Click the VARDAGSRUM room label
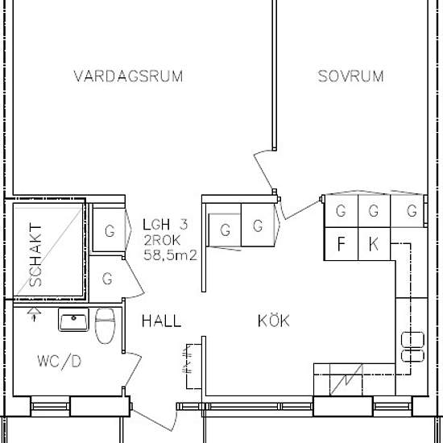coord(128,77)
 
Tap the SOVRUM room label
coord(350,77)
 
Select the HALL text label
coord(161,321)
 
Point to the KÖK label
coord(274,321)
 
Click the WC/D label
coord(60,362)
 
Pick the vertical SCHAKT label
coord(36,255)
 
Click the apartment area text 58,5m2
coord(170,255)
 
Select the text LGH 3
coord(165,225)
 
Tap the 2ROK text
coord(162,241)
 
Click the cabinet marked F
coord(342,244)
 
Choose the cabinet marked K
coord(374,244)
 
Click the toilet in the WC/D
coord(105,325)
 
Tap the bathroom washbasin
coord(73,320)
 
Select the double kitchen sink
coord(412,346)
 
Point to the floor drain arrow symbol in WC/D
coord(34,314)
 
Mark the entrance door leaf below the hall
coord(152,420)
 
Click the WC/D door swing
coord(133,370)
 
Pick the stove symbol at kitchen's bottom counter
coord(346,379)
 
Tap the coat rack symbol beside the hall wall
coord(188,366)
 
